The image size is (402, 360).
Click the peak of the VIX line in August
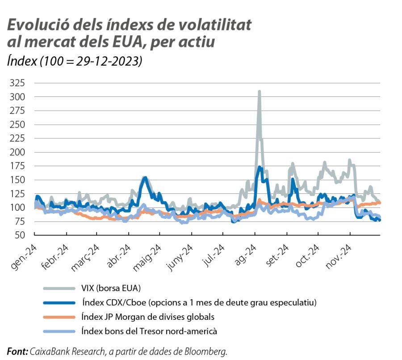coord(259,92)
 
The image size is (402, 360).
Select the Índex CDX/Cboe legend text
coord(199,302)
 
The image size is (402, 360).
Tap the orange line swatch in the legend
coord(59,317)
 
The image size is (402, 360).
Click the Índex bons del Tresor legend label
coord(149,331)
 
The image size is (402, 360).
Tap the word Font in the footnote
coord(17,351)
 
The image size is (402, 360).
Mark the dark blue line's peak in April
coord(144,178)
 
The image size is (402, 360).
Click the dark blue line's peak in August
coord(260,167)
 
